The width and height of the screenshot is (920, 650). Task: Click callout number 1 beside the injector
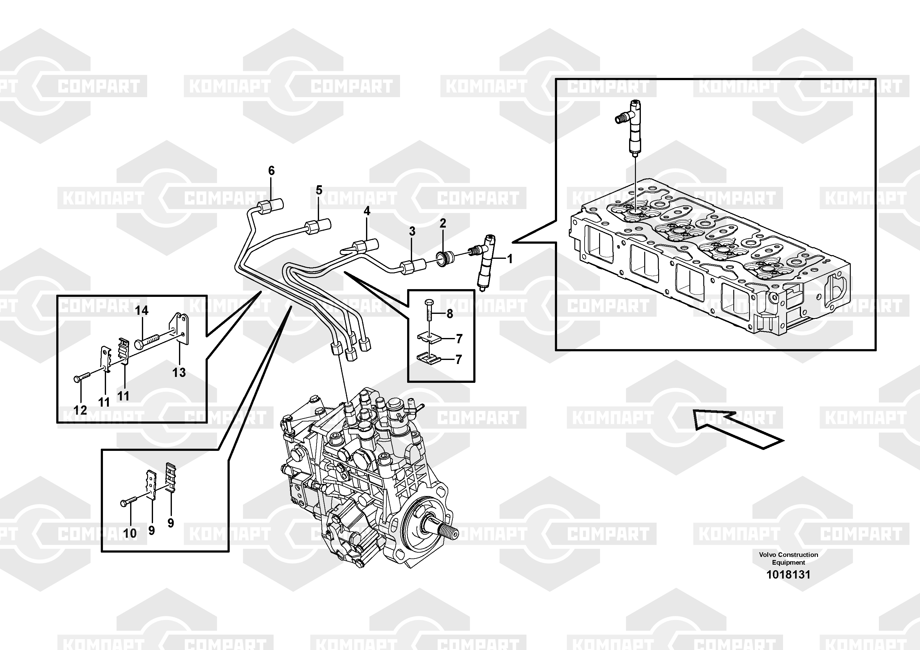point(510,259)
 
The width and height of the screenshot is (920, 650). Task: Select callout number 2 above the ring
point(443,224)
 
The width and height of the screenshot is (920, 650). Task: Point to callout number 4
point(367,211)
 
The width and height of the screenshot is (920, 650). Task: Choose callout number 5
point(319,190)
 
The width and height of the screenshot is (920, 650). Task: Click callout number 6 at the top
point(271,171)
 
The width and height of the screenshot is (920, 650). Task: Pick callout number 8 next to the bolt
point(449,314)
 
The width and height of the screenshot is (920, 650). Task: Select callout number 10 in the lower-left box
point(130,533)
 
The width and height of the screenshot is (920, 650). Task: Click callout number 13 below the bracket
point(179,373)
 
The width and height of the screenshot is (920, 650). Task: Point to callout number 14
point(142,310)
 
